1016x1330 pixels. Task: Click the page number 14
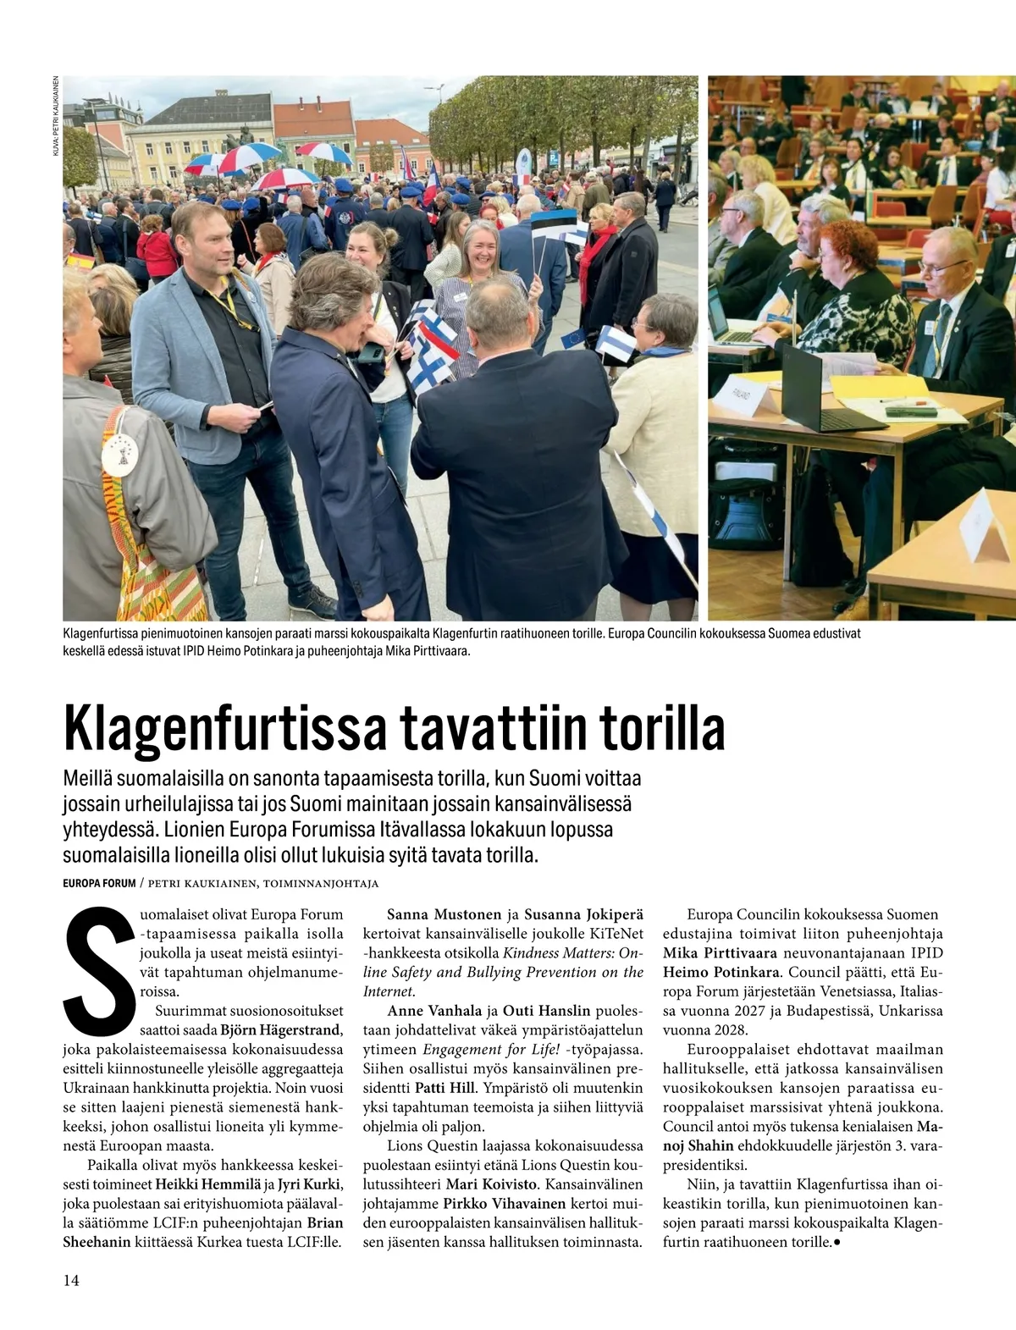(71, 1280)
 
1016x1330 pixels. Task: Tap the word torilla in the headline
(661, 729)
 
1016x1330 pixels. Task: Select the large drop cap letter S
(99, 972)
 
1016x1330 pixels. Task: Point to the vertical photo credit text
(55, 115)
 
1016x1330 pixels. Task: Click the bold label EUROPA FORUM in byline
(99, 883)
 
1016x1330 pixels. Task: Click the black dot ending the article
(837, 1243)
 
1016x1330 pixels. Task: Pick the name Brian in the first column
(325, 1223)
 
